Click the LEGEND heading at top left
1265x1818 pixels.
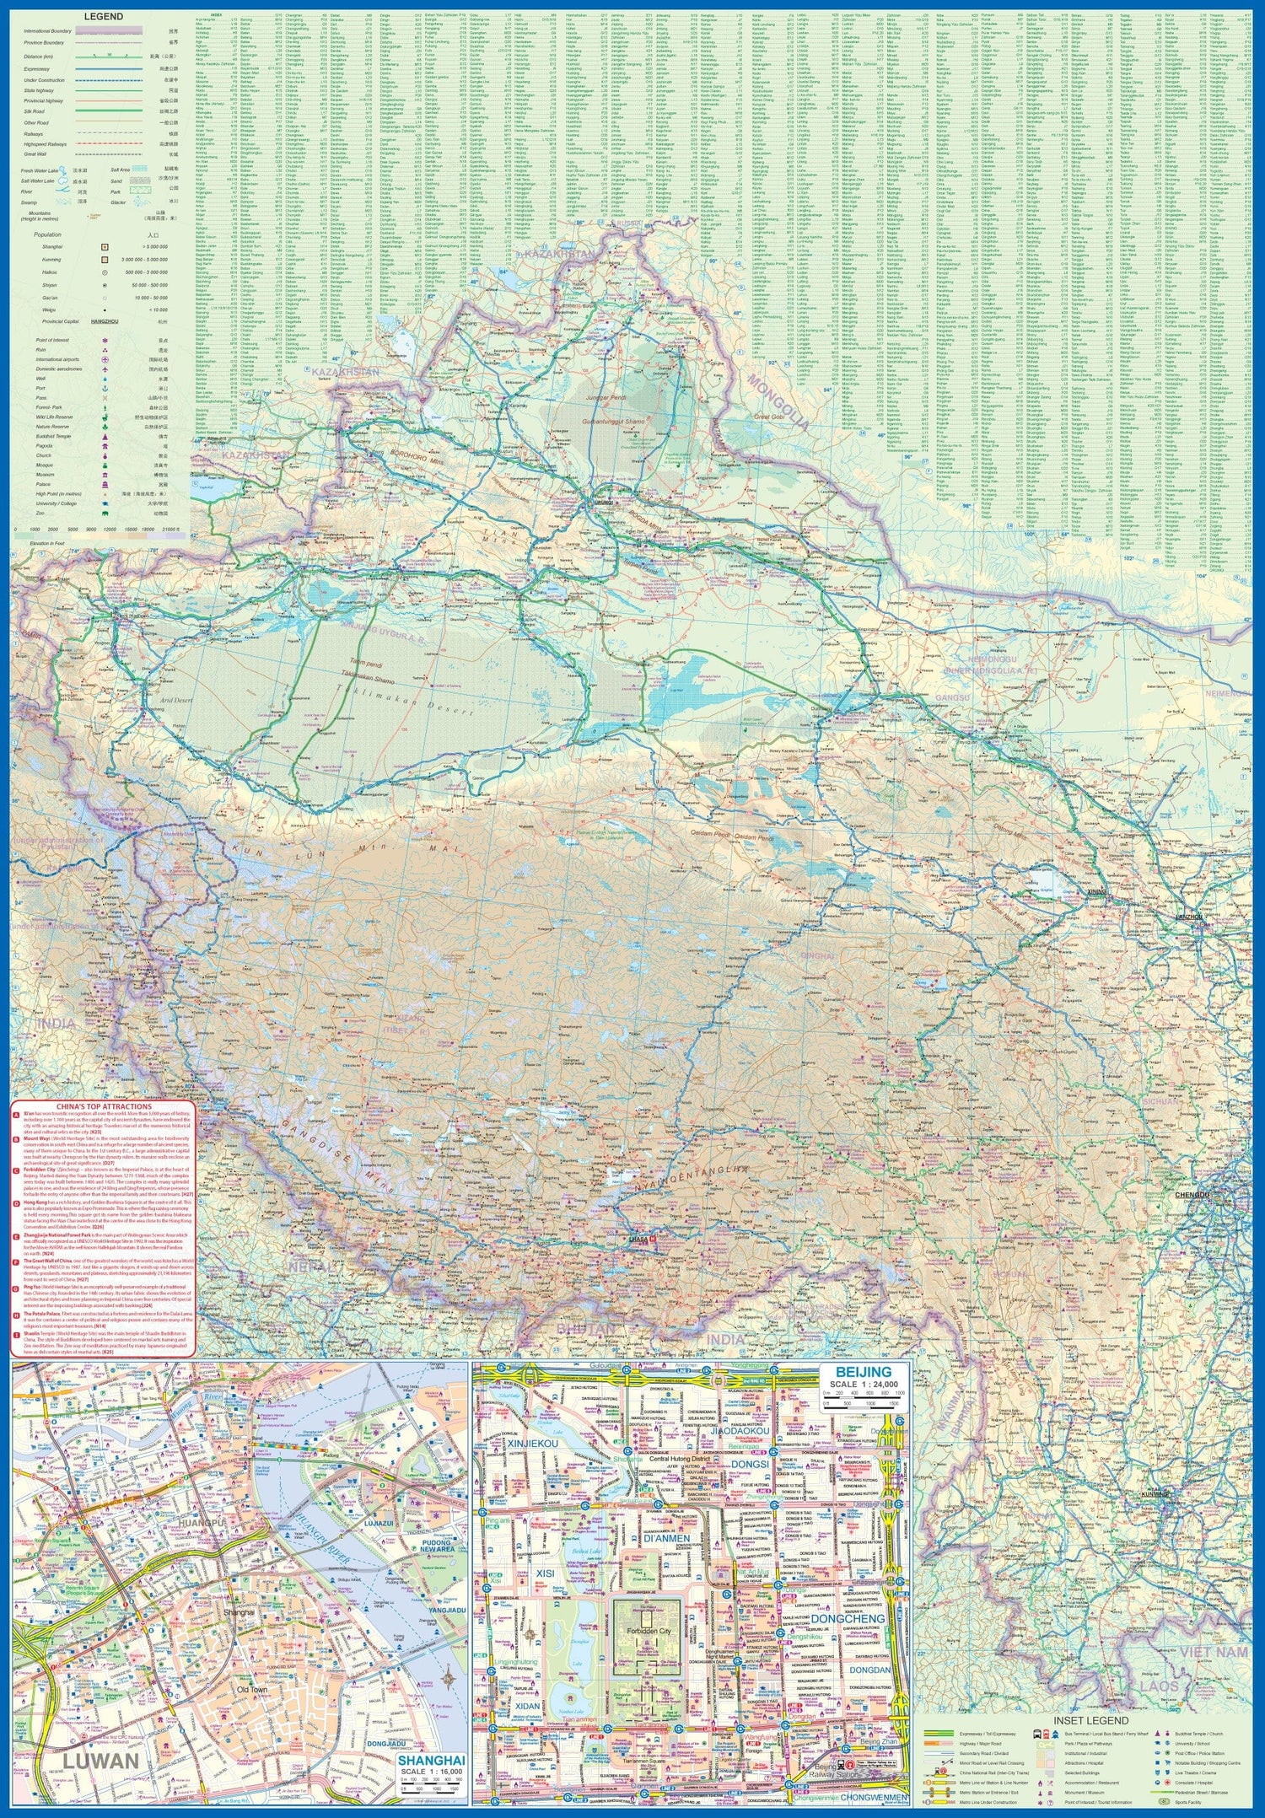click(103, 16)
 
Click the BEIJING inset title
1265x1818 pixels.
click(866, 1372)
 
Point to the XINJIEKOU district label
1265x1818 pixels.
click(534, 1444)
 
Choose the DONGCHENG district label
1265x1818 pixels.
click(848, 1618)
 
